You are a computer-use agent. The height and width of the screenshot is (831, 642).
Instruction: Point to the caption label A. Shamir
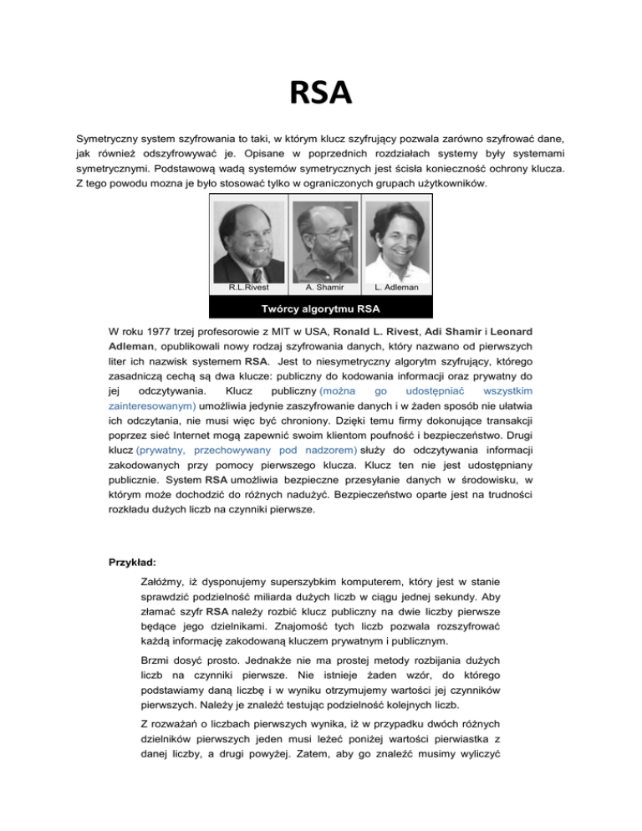pos(321,287)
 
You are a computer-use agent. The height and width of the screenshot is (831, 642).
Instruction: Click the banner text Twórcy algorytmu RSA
pos(321,306)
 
